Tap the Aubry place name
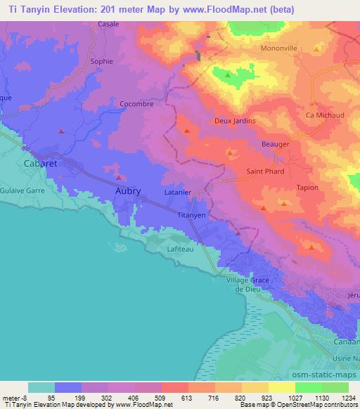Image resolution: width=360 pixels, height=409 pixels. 127,190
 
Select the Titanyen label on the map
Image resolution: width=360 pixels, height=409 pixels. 191,215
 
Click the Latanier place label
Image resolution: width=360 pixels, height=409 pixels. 177,191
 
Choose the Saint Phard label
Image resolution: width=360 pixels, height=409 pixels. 265,171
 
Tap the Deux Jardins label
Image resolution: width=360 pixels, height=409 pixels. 234,121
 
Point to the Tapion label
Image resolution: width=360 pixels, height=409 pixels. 307,188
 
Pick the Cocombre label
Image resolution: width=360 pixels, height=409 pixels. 136,103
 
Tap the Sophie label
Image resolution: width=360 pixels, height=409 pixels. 102,61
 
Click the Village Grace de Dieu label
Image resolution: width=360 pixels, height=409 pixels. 248,284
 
